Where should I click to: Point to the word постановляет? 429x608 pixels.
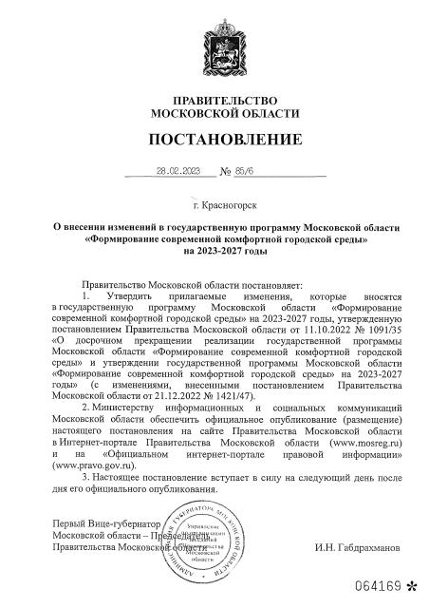pos(265,284)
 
